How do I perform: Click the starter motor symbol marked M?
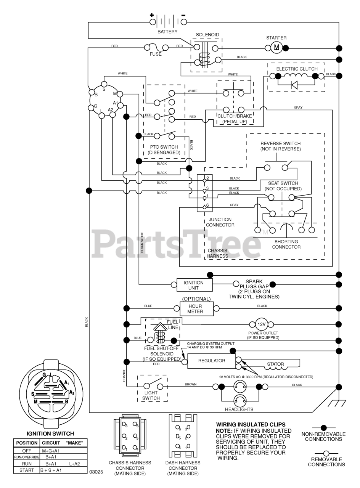[276, 48]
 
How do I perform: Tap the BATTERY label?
[167, 32]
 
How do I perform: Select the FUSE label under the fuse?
[156, 54]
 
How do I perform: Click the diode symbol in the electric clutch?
[294, 85]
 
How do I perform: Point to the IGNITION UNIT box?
[194, 285]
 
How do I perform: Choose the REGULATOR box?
[211, 361]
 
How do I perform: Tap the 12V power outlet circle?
[261, 324]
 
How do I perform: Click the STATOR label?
[275, 364]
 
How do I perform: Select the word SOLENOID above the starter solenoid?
[207, 35]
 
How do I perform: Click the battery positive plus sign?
[152, 15]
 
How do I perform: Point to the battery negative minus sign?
[183, 15]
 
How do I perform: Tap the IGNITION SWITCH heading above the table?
[50, 433]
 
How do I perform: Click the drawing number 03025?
[96, 472]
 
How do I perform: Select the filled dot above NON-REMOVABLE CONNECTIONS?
[324, 428]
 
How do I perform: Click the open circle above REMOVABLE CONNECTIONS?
[326, 454]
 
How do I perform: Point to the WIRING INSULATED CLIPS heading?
[251, 424]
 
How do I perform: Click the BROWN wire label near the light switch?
[191, 384]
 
